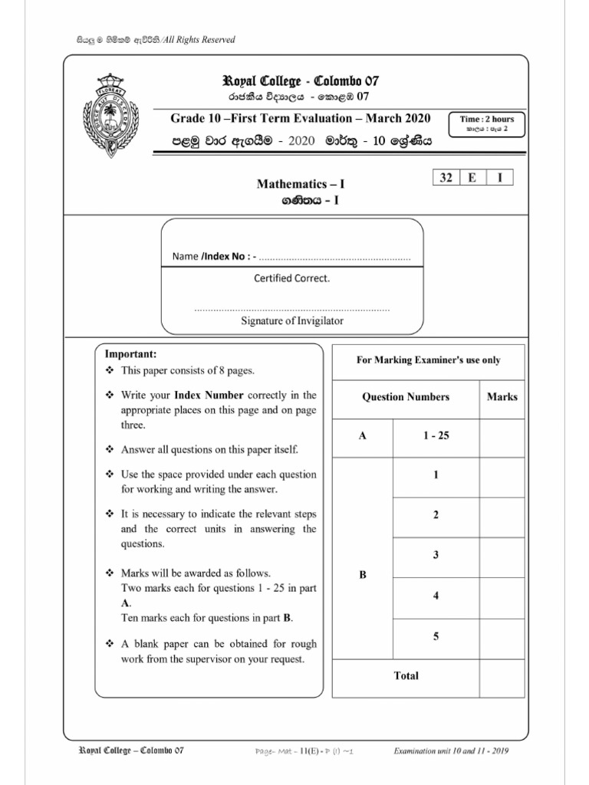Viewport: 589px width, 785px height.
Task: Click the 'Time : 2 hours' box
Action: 487,123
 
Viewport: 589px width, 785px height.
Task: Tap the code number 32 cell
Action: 446,178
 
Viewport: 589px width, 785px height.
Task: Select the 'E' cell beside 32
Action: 473,178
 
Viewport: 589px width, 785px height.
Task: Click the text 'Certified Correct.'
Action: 292,278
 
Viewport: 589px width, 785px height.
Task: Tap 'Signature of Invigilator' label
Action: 292,321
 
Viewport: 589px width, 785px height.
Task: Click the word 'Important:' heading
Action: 130,354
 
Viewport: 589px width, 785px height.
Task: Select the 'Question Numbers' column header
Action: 406,397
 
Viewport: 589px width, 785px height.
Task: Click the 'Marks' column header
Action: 502,397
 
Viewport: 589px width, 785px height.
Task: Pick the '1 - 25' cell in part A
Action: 436,435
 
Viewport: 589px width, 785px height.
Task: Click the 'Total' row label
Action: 406,675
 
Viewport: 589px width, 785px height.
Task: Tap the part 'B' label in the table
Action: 363,576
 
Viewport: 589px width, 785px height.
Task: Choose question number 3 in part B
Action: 436,555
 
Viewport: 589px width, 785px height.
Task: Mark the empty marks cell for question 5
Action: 502,636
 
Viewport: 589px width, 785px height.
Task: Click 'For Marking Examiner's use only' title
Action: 428,360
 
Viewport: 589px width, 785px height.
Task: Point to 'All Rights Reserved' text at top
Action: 197,40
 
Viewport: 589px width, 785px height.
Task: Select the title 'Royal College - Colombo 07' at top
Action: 300,81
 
